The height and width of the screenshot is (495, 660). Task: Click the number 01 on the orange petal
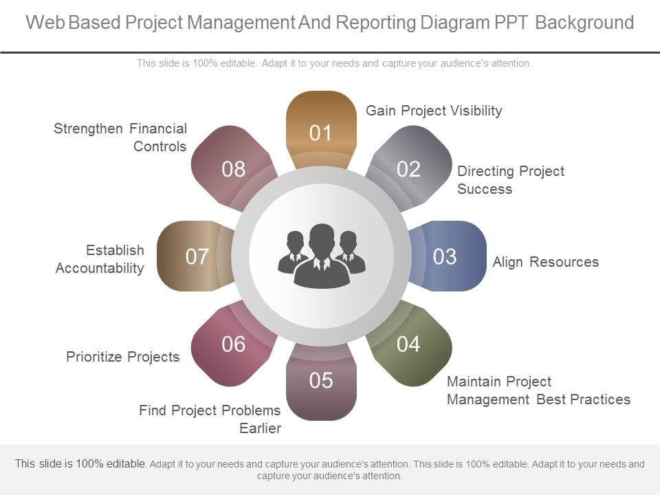point(320,133)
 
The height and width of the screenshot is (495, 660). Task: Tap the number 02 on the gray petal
point(408,169)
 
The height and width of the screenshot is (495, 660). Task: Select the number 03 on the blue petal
point(445,256)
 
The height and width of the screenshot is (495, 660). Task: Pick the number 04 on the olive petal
point(408,344)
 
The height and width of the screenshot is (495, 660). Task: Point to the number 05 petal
point(320,380)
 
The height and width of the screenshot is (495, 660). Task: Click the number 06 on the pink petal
point(234,344)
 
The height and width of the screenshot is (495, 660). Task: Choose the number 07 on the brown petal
point(197,256)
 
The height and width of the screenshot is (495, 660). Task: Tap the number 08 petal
point(234,169)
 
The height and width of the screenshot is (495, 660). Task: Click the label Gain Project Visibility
point(434,111)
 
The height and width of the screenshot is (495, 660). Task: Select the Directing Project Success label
point(510,180)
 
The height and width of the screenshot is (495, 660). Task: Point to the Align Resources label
point(545,262)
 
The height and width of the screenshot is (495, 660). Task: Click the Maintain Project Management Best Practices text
point(538,390)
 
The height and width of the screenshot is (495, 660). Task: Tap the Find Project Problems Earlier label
point(210,419)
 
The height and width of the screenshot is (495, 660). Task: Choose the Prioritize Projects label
point(122,356)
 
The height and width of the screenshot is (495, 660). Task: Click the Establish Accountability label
point(100,258)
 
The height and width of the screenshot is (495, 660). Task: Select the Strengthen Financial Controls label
point(120,137)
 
